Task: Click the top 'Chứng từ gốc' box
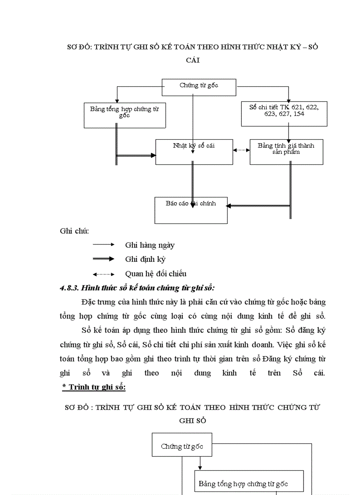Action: (199, 86)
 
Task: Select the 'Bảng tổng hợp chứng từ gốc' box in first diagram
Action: (124, 115)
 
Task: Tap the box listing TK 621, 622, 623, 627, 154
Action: (284, 114)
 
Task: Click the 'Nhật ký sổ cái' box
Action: (194, 152)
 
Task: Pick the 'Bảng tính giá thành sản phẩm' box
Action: (286, 152)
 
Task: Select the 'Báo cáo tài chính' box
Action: (191, 210)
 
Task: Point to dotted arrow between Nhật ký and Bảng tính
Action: (241, 150)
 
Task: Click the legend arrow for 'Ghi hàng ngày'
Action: (104, 244)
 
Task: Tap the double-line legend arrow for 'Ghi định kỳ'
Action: (104, 259)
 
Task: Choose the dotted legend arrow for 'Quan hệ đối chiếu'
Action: (104, 274)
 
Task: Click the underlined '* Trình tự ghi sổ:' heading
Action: (94, 387)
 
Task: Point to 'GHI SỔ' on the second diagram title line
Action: (192, 421)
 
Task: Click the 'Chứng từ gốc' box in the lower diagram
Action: (182, 446)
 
